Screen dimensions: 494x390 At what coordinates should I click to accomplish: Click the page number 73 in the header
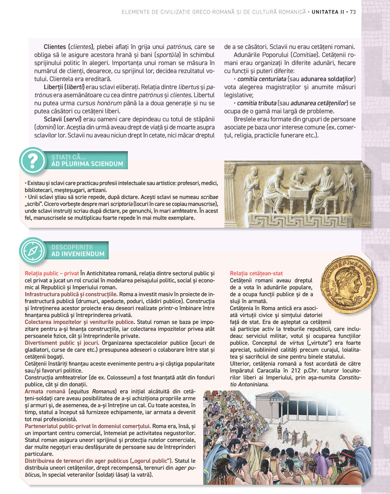(353, 12)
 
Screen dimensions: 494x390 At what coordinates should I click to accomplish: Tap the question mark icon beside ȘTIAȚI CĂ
(33, 161)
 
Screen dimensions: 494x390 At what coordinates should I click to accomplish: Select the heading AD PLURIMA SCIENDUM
(87, 164)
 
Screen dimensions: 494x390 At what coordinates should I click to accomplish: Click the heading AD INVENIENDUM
(78, 254)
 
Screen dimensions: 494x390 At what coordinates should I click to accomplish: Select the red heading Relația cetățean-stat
(256, 273)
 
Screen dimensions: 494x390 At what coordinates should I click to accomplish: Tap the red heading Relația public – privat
(51, 273)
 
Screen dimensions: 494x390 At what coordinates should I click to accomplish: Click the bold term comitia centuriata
(261, 79)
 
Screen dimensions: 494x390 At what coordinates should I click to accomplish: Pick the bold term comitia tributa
(257, 103)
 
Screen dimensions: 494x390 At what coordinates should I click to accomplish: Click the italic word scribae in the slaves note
(209, 197)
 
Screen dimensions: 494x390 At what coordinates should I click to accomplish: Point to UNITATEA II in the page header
(328, 12)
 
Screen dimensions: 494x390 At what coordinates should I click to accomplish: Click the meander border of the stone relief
(296, 219)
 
